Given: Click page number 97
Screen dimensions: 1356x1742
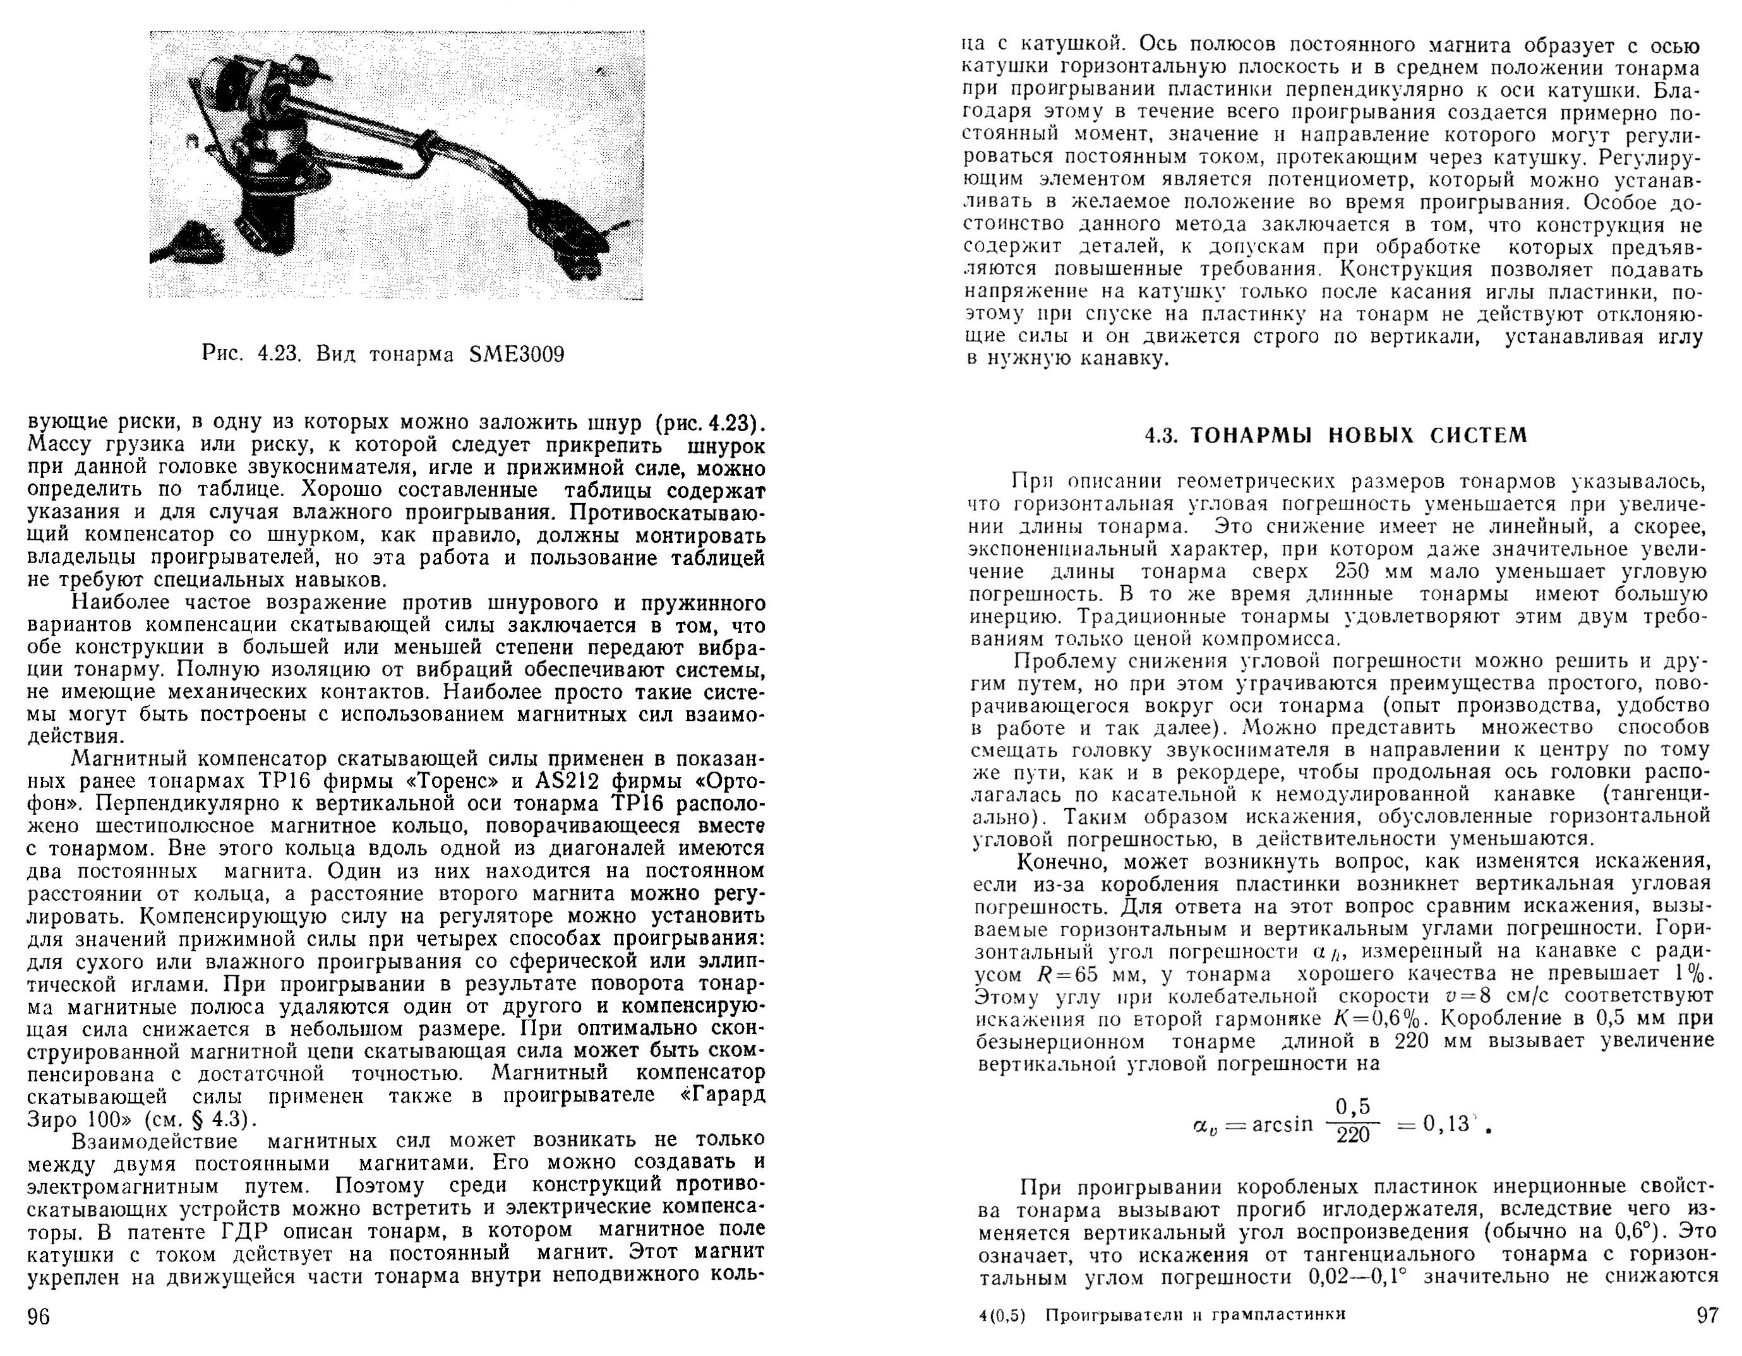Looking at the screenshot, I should pyautogui.click(x=1706, y=1314).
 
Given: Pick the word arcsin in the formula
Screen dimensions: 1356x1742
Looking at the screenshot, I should pyautogui.click(x=1282, y=1124).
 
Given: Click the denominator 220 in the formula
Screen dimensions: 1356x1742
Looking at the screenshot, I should pyautogui.click(x=1353, y=1134).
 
